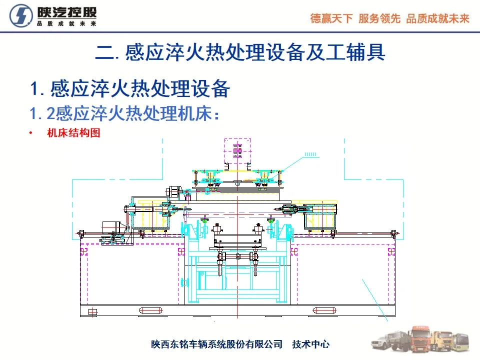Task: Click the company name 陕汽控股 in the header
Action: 66,12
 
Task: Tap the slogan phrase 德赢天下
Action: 331,18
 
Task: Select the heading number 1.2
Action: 42,113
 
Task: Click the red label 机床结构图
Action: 73,133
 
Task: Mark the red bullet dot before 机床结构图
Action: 31,133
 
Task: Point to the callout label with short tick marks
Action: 311,155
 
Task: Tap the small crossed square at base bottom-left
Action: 92,312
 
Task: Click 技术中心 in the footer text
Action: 311,344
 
